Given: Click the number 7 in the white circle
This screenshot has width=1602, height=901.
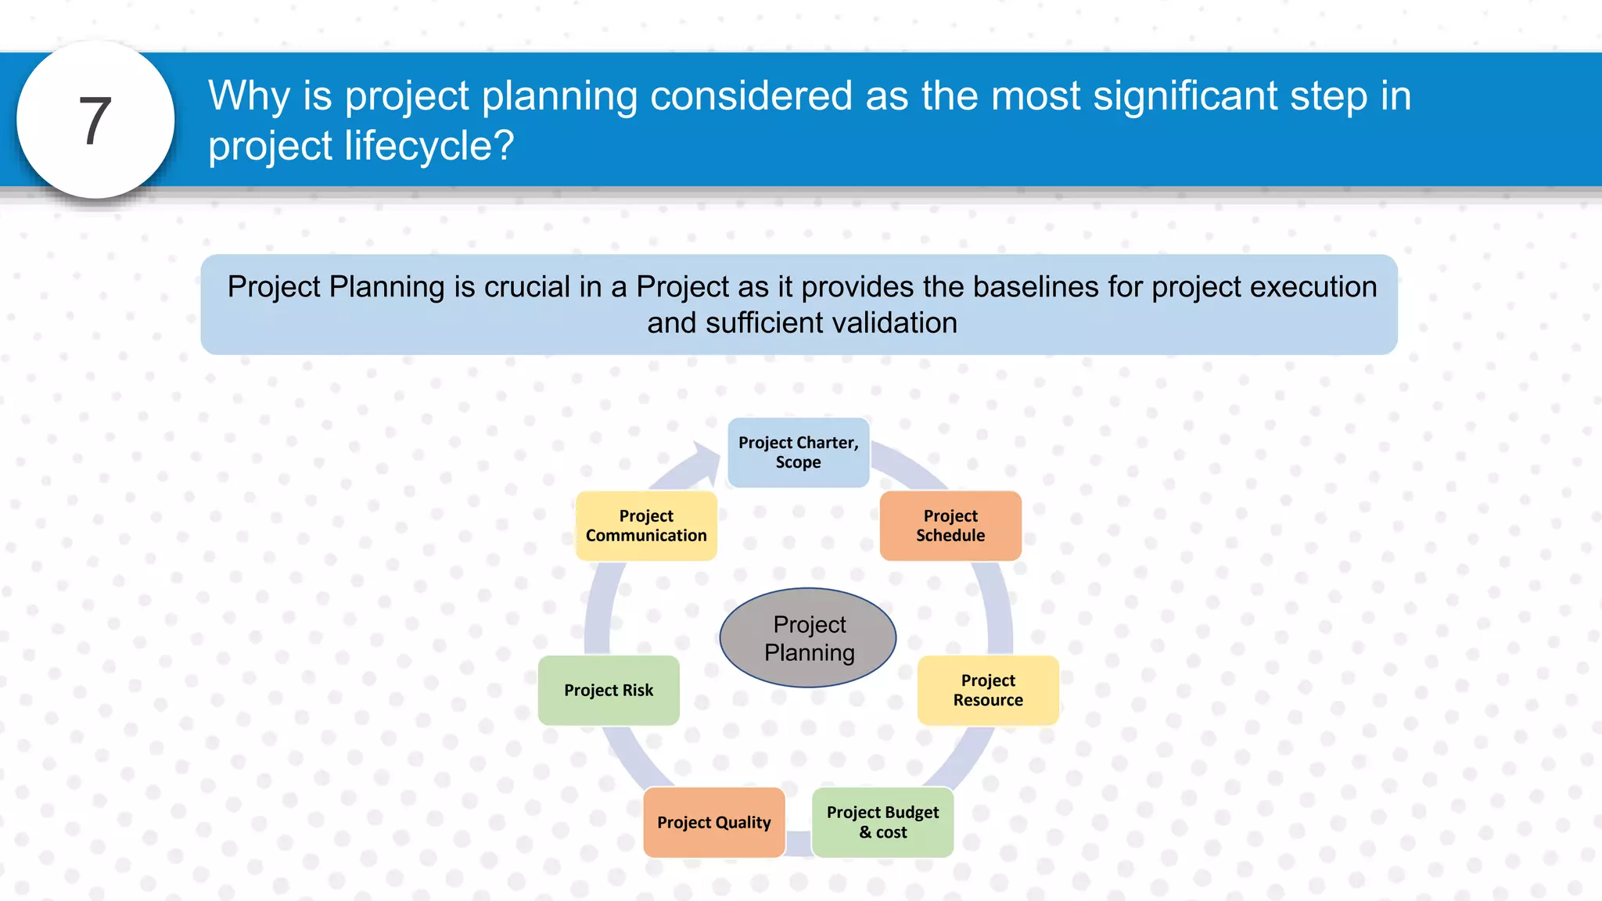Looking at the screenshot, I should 95,121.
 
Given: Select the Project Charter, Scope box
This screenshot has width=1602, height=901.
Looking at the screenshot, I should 798,453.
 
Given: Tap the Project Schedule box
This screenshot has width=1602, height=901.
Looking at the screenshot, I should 950,526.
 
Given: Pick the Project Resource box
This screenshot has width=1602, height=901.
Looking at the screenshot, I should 988,690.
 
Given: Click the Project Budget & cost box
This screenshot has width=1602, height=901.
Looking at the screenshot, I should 882,822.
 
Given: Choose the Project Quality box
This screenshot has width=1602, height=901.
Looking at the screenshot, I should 713,822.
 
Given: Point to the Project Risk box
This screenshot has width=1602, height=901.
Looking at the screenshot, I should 609,690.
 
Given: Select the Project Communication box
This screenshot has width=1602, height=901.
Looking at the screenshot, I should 646,526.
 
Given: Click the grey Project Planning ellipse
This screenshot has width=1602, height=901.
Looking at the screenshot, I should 808,637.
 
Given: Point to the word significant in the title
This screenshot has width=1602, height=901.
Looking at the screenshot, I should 1184,96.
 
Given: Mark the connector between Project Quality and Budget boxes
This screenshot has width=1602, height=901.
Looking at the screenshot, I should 799,843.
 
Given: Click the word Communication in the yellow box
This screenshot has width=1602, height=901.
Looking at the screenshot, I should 646,536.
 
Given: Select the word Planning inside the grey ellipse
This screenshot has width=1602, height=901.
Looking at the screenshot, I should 810,652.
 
